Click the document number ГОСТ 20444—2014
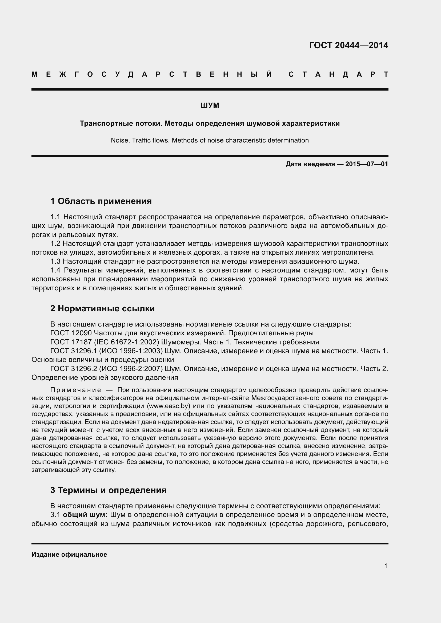click(x=348, y=45)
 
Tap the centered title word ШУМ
click(x=210, y=105)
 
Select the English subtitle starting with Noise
click(x=210, y=140)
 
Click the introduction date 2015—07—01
click(x=367, y=164)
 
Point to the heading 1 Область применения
click(x=101, y=201)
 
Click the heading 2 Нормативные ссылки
click(x=102, y=308)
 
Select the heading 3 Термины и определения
click(x=108, y=490)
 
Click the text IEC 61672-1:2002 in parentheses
click(x=127, y=342)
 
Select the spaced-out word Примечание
click(x=75, y=390)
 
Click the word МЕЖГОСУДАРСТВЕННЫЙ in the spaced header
click(x=152, y=74)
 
